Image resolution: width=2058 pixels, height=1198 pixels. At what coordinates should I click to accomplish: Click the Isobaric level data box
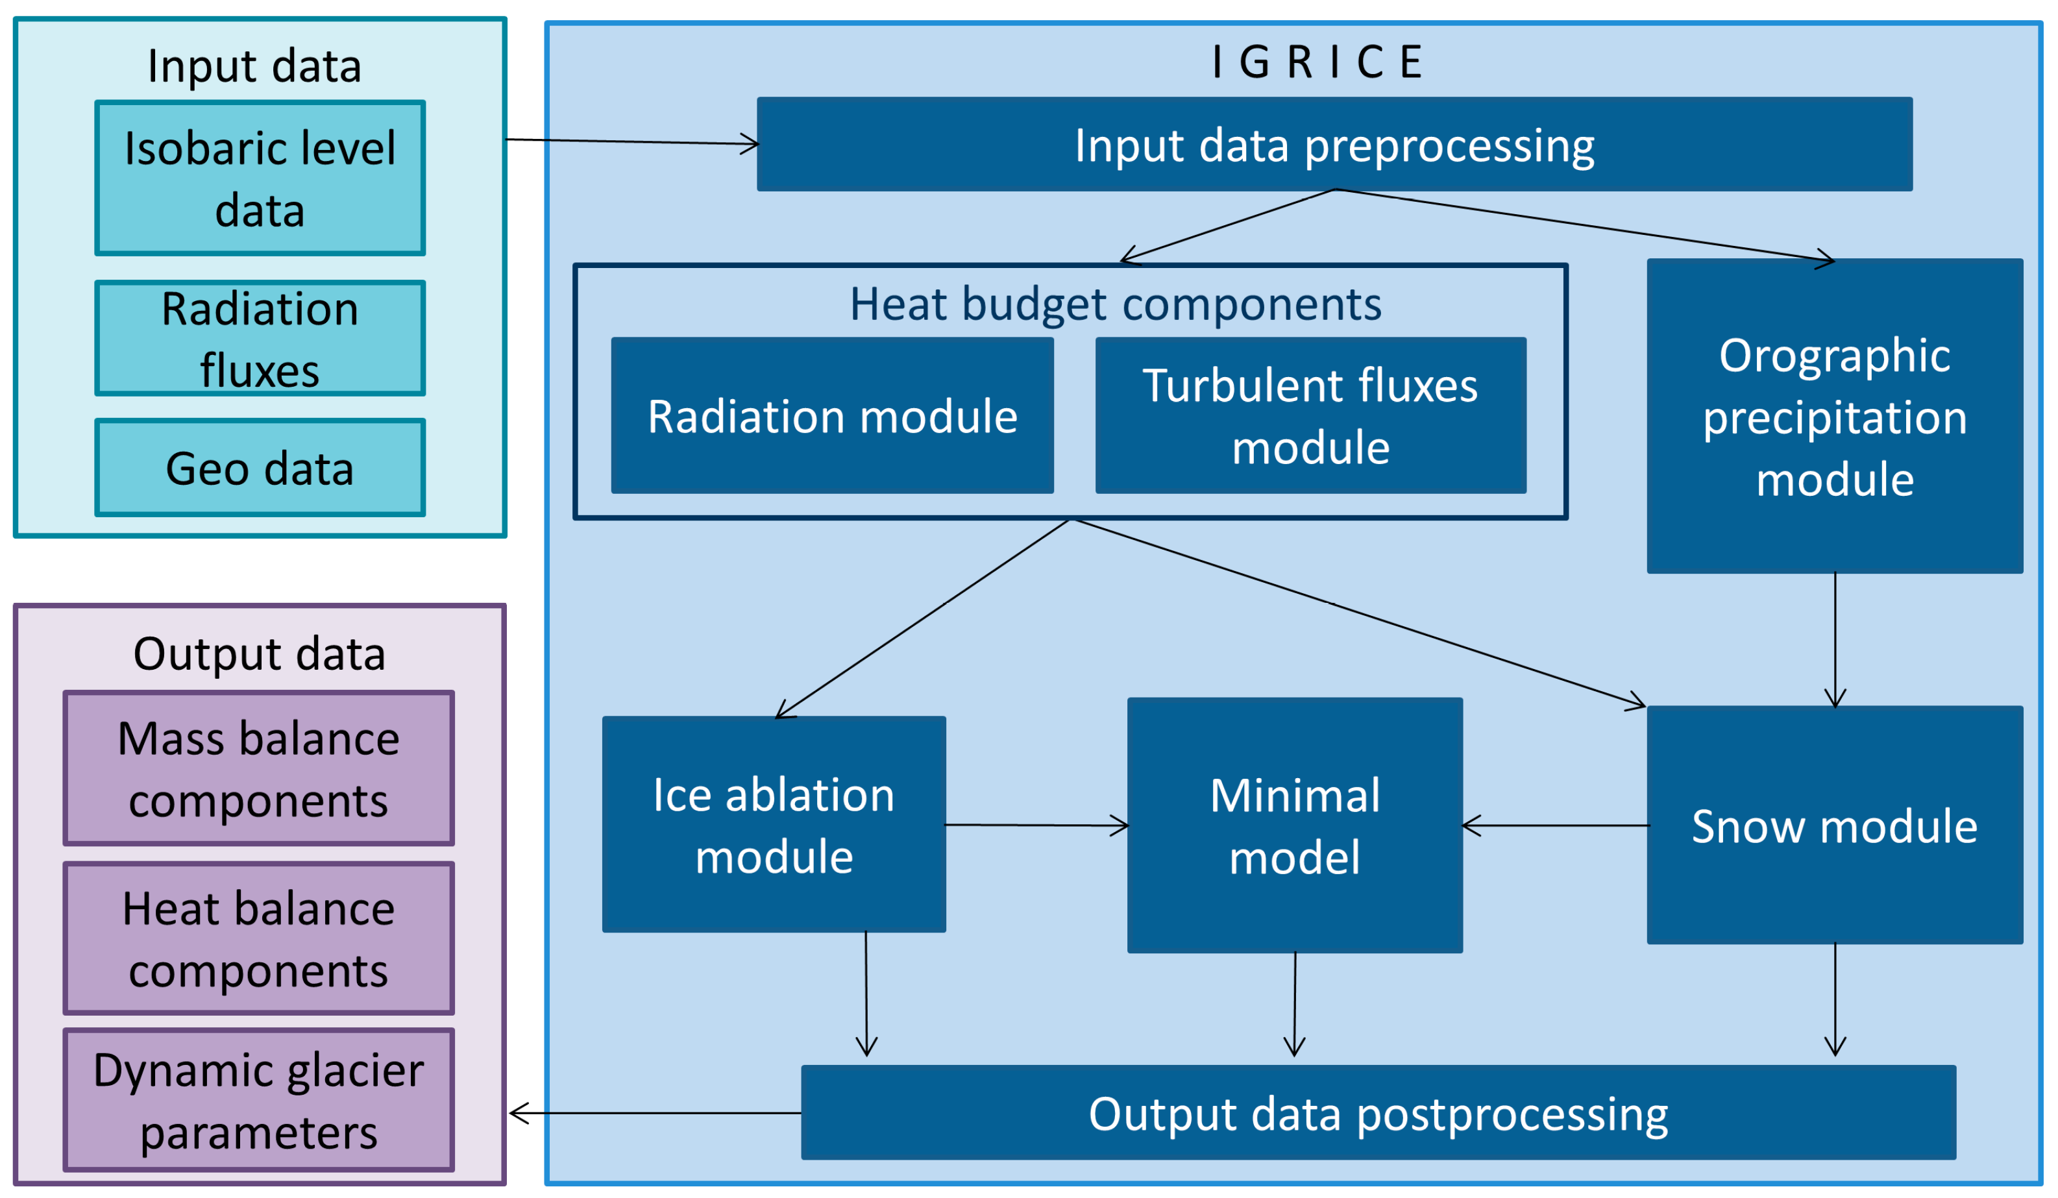[260, 178]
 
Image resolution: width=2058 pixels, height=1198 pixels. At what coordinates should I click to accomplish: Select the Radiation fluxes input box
[260, 338]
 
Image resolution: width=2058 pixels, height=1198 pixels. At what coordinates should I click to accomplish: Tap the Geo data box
[260, 468]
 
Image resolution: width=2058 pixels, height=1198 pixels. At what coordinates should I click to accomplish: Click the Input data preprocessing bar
[1334, 145]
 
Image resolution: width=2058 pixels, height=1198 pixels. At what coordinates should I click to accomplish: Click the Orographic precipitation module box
[1833, 416]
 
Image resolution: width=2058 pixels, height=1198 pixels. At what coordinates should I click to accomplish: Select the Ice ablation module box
[774, 824]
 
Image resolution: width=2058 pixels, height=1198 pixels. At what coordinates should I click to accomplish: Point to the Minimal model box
[1293, 825]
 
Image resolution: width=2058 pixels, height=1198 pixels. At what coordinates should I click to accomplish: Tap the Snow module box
[1833, 825]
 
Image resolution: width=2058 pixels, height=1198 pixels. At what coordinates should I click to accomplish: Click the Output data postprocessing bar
[1378, 1112]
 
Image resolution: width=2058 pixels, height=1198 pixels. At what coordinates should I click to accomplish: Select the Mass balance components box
[258, 768]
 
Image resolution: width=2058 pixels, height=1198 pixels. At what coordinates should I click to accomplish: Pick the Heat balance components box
[258, 938]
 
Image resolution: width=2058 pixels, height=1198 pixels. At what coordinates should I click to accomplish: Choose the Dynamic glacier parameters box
[258, 1100]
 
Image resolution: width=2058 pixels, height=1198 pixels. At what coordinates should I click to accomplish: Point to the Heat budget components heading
[1115, 304]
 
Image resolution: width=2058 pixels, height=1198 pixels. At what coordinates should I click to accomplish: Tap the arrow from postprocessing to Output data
[654, 1113]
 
